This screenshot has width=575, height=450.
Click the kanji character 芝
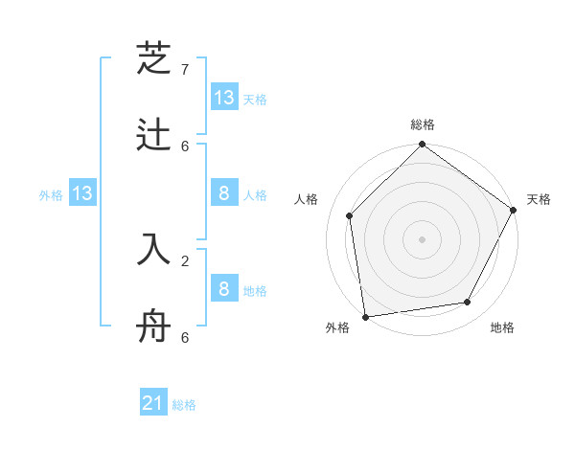[153, 58]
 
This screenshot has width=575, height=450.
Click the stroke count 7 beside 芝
[185, 70]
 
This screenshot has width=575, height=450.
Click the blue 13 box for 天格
[224, 98]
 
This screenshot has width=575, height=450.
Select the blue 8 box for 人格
[224, 193]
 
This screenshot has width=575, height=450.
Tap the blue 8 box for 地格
[224, 289]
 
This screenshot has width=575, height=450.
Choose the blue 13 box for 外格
[82, 193]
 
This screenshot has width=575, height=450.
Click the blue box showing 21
[153, 403]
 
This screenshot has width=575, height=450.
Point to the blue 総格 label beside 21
[184, 405]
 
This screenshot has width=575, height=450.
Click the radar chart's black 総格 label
[423, 124]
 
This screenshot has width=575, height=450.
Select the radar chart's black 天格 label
[539, 199]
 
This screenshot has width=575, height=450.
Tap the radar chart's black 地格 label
[502, 327]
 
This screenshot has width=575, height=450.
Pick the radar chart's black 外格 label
[337, 327]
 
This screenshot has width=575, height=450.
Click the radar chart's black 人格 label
[306, 199]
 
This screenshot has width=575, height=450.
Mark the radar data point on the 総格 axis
[422, 146]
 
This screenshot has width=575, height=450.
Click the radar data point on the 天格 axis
[513, 210]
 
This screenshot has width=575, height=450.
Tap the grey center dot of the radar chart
[422, 238]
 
